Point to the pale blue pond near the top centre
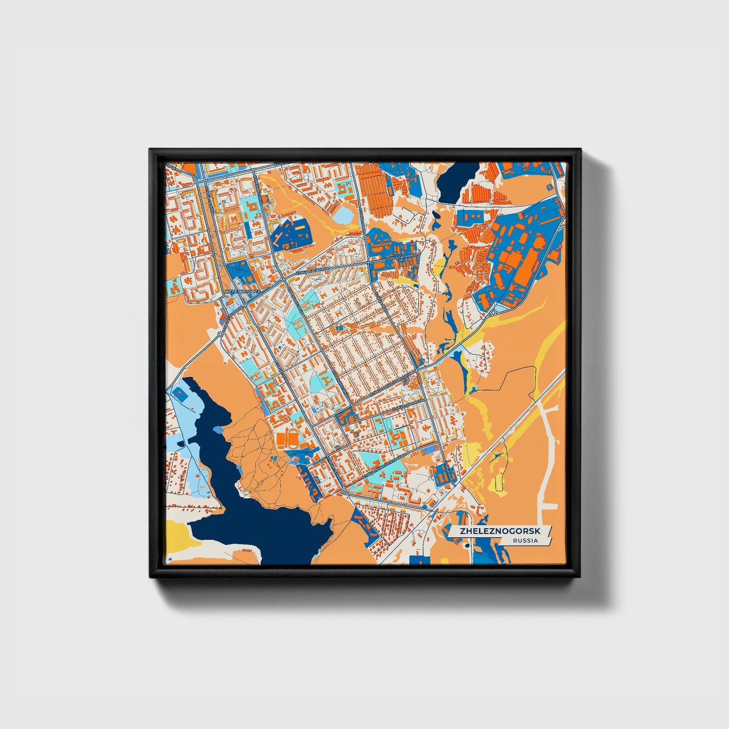pos(345,216)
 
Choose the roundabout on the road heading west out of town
pos(220,334)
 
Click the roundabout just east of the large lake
pos(343,490)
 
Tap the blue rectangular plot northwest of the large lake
pos(179,391)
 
